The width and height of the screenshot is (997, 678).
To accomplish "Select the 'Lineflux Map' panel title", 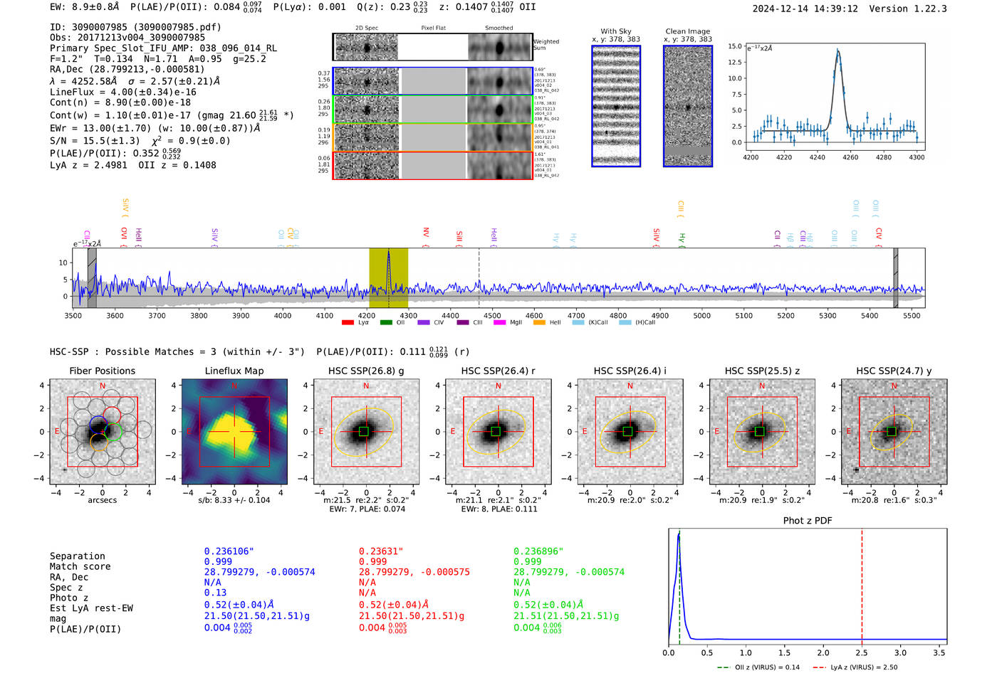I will (234, 371).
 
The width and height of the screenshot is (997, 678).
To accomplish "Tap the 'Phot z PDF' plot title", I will (808, 520).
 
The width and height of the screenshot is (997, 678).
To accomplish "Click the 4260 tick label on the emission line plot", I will (850, 157).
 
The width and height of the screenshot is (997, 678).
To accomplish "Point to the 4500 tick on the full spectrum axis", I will (492, 315).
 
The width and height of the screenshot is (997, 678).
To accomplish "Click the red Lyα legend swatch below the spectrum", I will (348, 322).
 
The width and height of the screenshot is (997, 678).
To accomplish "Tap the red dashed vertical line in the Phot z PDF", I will (862, 583).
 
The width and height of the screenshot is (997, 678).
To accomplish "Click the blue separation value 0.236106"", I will (229, 551).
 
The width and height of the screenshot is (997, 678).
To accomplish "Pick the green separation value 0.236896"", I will (538, 551).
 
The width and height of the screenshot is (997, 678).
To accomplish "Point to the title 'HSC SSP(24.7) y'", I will (894, 371).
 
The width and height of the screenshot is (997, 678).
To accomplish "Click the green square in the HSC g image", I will (364, 431).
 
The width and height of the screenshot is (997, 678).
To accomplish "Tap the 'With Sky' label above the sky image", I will (616, 31).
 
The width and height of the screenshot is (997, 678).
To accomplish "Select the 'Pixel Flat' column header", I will (433, 28).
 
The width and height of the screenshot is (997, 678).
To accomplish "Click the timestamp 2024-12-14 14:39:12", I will (805, 9).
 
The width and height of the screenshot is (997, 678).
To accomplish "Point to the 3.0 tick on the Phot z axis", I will (900, 652).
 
